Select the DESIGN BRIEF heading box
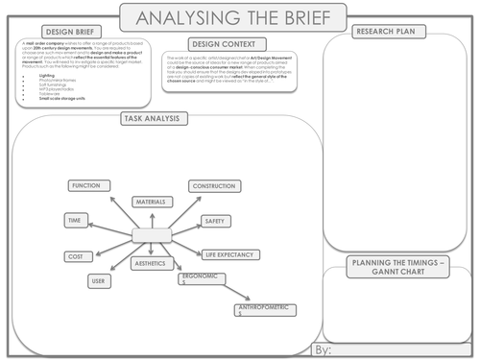point(55,32)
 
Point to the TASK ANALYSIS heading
point(156,118)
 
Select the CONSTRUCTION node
point(214,186)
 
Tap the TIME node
point(74,220)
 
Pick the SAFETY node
point(214,221)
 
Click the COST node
point(74,256)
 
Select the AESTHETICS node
point(149,262)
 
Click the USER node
point(97,281)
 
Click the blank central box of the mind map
point(151,235)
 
